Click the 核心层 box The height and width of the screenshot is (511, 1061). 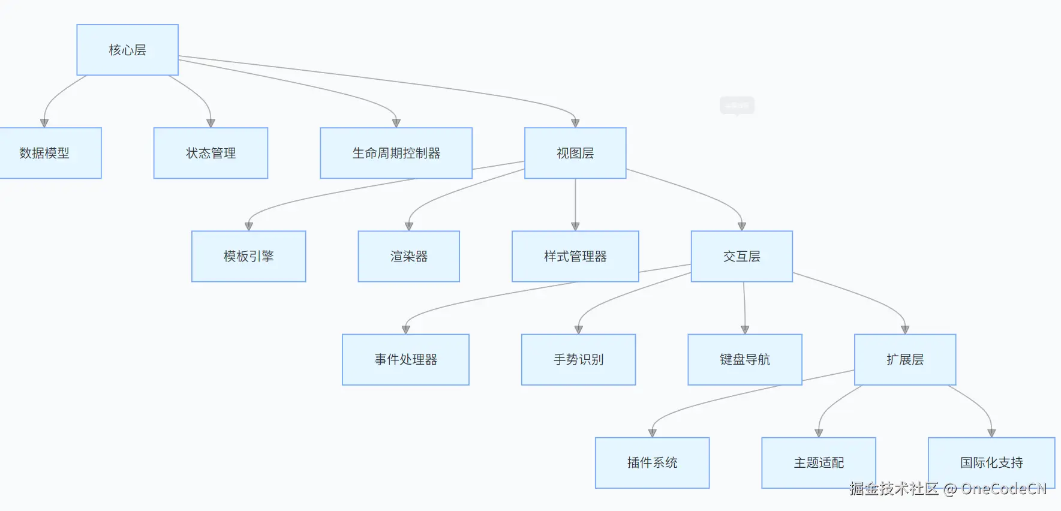coord(127,50)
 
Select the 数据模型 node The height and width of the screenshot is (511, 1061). coord(45,153)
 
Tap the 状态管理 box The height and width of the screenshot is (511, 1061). coord(211,153)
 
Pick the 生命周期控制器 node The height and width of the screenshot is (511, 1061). coord(396,153)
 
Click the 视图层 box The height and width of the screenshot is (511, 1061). coord(575,153)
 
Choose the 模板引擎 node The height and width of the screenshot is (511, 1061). coord(248,256)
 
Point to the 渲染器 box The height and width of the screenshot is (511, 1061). coord(408,256)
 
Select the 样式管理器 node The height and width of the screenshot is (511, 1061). coord(575,256)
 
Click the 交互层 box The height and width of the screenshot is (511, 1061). coord(741,256)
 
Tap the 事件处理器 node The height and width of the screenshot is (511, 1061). coord(405,359)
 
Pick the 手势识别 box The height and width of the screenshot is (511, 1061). coord(578,359)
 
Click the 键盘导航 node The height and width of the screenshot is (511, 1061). coord(744,359)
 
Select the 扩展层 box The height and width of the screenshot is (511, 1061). coord(904,359)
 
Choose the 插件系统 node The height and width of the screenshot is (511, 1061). coord(652,462)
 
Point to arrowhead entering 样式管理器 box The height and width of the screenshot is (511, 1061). coord(575,227)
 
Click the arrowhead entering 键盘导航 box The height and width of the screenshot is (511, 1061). coord(745,330)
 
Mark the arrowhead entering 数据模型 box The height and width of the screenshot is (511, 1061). coord(44,123)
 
